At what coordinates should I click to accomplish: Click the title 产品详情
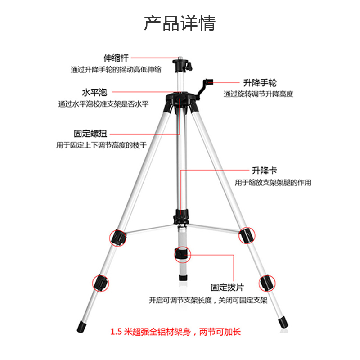(180, 23)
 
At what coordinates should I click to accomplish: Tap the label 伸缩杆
(116, 58)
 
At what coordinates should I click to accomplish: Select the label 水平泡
(94, 92)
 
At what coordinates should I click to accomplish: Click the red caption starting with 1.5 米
(175, 333)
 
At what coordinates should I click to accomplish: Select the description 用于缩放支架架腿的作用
(273, 183)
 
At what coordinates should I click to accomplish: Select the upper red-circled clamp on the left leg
(117, 237)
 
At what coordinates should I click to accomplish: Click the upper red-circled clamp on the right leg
(246, 235)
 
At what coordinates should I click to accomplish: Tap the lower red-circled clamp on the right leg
(265, 283)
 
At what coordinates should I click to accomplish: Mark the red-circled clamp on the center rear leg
(182, 255)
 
